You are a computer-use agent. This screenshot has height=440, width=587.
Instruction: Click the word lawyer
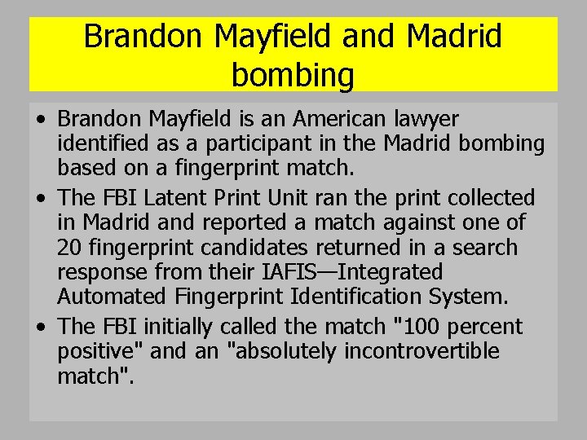click(x=428, y=120)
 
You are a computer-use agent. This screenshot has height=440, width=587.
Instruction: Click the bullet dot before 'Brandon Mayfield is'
click(x=41, y=121)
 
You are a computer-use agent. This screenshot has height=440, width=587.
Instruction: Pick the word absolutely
click(x=285, y=352)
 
